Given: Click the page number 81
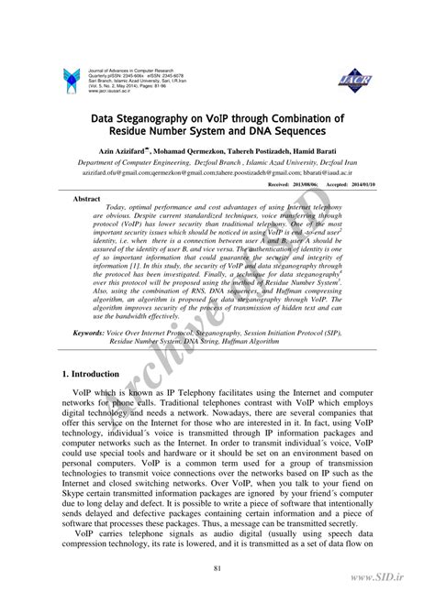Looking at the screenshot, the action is click(217, 571).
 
